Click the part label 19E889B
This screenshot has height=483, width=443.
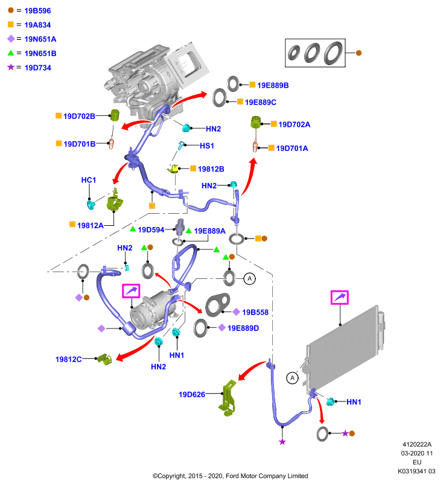(273, 85)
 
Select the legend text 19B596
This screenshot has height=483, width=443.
(37, 11)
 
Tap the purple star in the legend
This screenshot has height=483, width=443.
(11, 67)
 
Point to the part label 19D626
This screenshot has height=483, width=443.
(192, 395)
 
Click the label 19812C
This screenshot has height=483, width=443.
(68, 359)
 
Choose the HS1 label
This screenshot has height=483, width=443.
(207, 146)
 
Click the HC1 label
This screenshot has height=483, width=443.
(89, 180)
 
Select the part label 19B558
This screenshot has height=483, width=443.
(255, 312)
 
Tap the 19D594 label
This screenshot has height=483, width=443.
(151, 230)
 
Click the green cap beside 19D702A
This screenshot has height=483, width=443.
(256, 123)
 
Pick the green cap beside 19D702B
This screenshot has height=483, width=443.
(115, 115)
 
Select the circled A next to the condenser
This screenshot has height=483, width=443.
(292, 378)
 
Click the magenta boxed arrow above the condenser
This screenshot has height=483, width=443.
(340, 298)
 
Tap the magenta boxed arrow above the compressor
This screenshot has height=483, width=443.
(131, 291)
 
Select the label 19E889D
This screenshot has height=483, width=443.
(243, 328)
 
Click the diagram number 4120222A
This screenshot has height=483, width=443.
(417, 444)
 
